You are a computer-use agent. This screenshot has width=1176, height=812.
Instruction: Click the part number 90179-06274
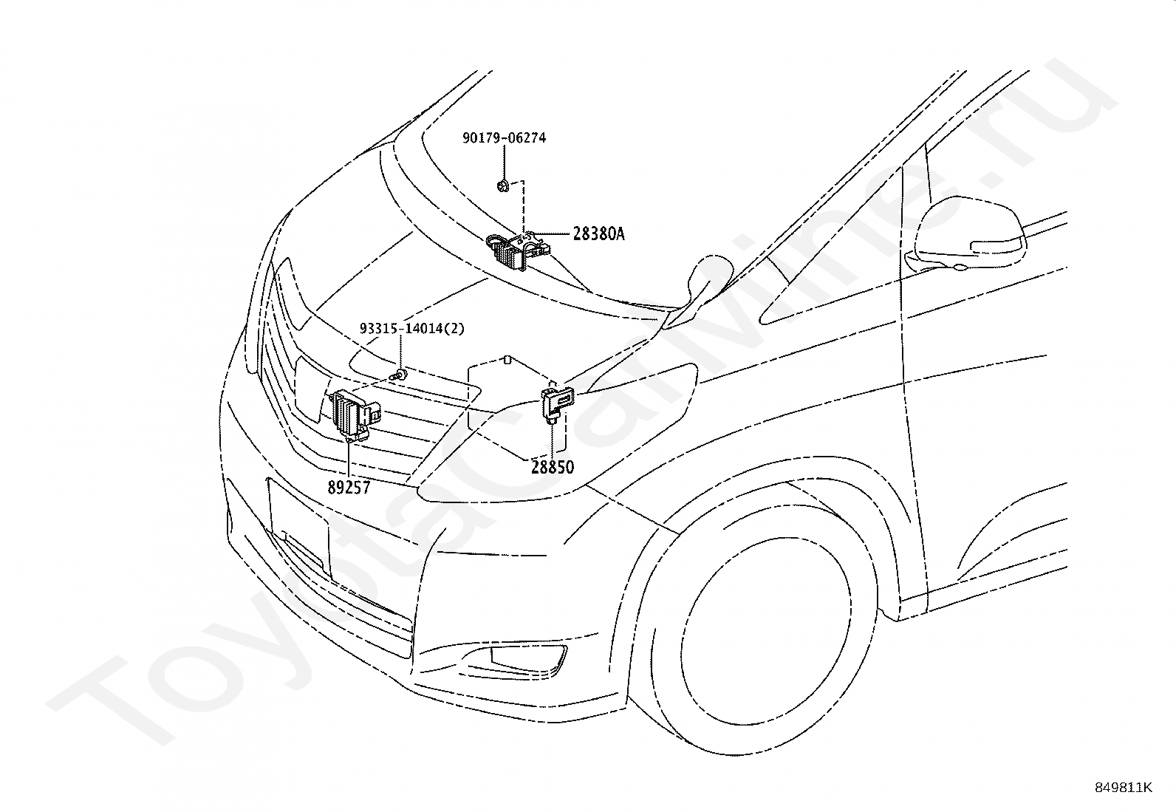point(504,138)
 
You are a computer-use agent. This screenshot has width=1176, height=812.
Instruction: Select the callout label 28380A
point(598,233)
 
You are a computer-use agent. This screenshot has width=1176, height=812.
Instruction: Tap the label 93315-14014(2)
point(412,329)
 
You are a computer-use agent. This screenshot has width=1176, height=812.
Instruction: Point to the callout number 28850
point(553,467)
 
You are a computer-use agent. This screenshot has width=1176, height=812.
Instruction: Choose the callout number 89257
point(349,488)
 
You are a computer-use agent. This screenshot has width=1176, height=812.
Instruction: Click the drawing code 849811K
point(1123,788)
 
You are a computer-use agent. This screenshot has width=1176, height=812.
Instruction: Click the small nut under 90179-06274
point(503,185)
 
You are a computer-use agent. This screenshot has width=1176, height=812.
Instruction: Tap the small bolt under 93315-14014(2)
point(400,375)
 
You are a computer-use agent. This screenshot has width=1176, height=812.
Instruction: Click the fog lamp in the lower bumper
point(527,660)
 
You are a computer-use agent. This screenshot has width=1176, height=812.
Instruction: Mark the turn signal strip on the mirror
point(996,246)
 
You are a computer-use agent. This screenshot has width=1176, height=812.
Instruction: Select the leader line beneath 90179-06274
point(504,163)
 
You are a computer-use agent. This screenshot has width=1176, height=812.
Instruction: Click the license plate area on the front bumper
point(299,527)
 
